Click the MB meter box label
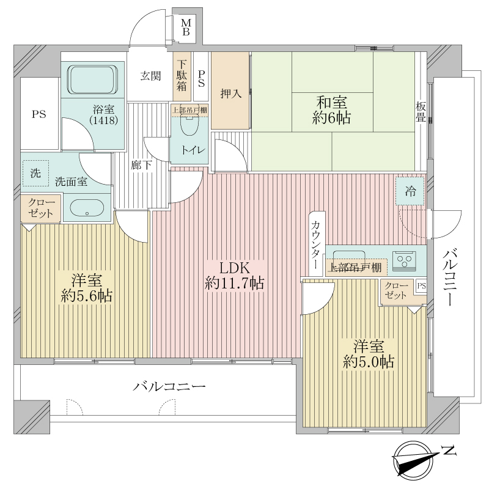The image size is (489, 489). [186, 27]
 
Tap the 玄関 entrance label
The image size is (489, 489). [150, 76]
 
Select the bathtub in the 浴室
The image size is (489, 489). [93, 79]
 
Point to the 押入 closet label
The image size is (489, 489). [231, 94]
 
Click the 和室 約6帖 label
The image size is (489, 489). [331, 110]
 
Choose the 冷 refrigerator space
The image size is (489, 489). [410, 191]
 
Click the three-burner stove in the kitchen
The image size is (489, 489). [405, 261]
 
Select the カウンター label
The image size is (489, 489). [315, 245]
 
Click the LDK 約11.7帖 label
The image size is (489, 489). [234, 276]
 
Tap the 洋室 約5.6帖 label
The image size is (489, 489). [87, 288]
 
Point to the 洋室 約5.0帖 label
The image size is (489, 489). [369, 354]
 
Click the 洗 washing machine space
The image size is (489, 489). [35, 174]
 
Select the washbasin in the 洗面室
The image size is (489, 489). [87, 208]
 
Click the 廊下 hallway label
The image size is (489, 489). [141, 165]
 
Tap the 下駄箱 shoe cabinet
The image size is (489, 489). [182, 76]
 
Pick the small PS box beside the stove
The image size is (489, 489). [422, 286]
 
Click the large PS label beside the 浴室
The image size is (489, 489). [39, 114]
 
